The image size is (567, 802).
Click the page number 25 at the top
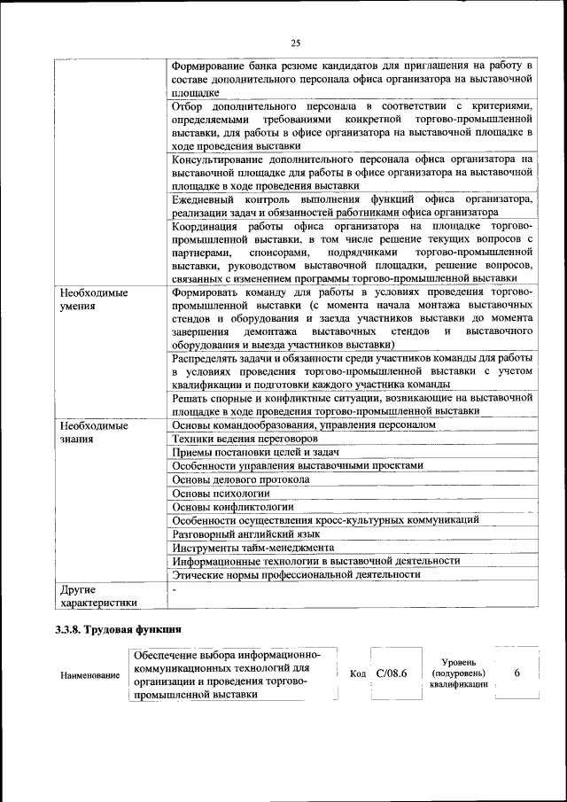295,43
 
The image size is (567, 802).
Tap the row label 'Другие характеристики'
97,596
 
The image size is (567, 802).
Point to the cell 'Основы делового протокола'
240,479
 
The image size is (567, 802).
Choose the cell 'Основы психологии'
221,493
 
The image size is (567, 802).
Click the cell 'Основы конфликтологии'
232,507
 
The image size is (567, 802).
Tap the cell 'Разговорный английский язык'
246,533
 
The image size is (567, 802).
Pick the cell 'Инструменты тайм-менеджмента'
252,548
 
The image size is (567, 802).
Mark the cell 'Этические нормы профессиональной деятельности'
296,574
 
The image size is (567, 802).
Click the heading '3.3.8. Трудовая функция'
119,631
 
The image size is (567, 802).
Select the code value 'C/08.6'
391,674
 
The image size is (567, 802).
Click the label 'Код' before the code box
359,674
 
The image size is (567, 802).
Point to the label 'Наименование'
90,676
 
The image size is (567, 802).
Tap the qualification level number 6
517,674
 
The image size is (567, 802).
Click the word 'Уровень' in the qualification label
459,662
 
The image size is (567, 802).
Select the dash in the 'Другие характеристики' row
175,588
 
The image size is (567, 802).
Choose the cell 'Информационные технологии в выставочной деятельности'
316,561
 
